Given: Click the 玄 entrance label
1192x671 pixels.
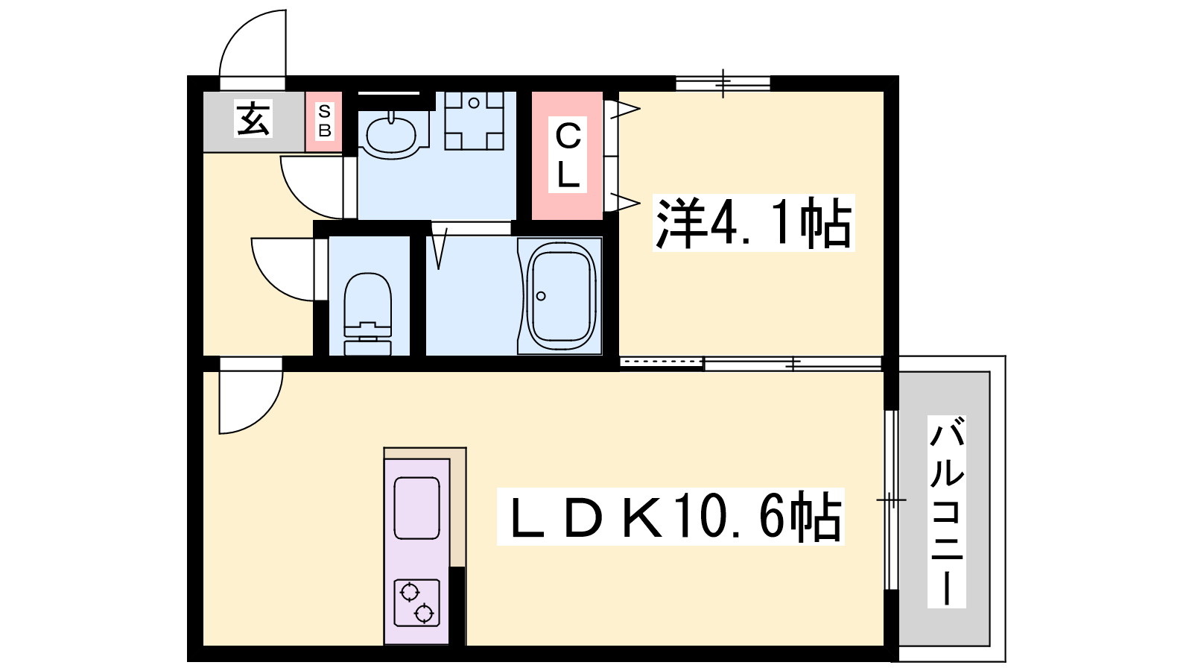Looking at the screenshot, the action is coord(253,119).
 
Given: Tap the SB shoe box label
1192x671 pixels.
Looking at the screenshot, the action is coord(324,121).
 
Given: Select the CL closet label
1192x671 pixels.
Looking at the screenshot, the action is coord(568,154).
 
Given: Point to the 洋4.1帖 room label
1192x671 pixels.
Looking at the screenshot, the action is coord(753,223).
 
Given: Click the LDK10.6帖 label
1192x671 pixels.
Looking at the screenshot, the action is coord(670,516).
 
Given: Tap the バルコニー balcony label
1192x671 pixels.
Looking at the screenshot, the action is coord(947,511).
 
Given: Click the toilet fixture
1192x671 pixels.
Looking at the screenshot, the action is coord(368,314).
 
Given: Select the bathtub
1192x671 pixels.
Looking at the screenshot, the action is coord(560,295).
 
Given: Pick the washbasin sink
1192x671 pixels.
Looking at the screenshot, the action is coord(392,135).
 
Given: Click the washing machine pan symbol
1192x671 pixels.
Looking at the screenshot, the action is coord(474,121).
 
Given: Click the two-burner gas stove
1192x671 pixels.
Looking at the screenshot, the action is coord(416,602).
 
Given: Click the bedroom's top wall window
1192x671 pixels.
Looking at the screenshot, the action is coord(723,84).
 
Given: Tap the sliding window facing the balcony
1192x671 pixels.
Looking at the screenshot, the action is coord(891,500).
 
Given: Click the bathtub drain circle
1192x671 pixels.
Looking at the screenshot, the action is coord(541,296).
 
